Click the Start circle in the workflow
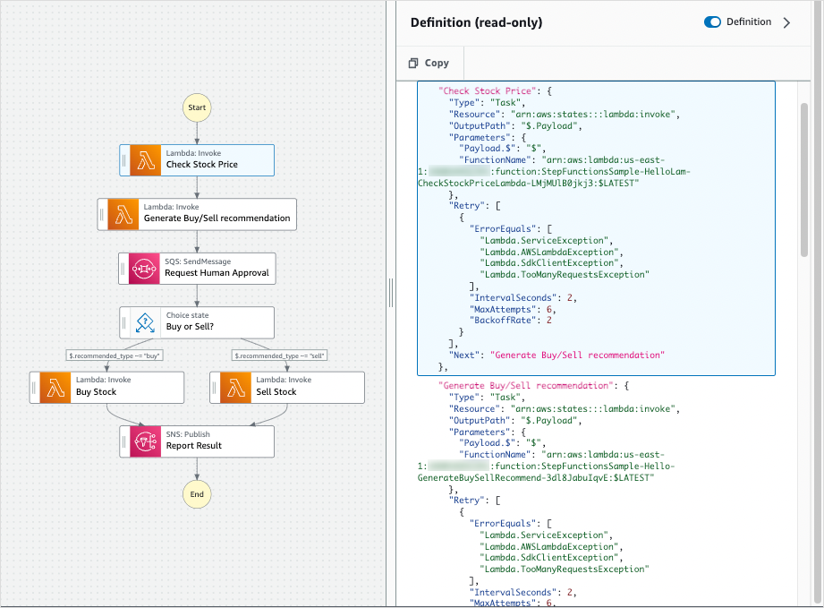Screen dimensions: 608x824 (x=197, y=107)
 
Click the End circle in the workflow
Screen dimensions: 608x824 (x=197, y=493)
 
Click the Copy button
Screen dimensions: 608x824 (x=429, y=63)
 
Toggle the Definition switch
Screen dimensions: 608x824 (x=712, y=22)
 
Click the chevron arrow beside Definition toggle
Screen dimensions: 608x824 (x=787, y=22)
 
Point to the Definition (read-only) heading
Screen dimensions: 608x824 (x=476, y=22)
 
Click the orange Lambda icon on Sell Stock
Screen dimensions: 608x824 (x=236, y=387)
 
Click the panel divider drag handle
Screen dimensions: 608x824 (x=390, y=292)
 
